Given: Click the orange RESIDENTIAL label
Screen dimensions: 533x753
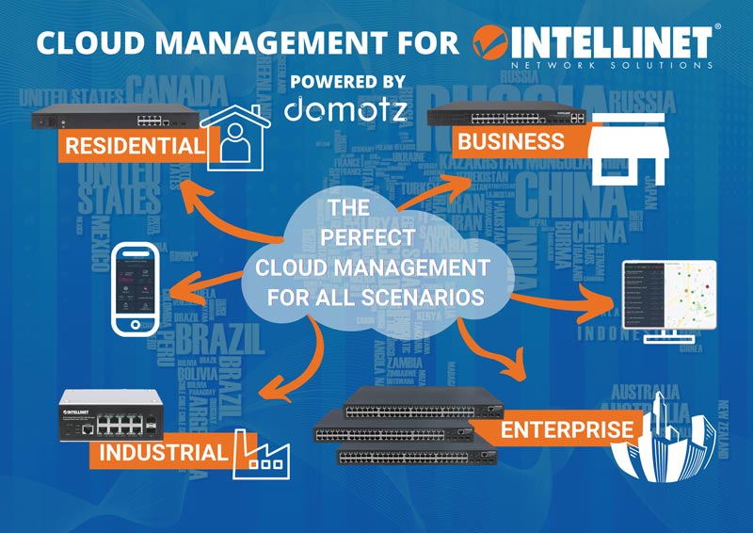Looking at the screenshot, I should point(133,145).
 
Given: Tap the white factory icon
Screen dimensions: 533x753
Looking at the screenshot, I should point(261,453).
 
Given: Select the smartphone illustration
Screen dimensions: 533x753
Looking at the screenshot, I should point(137,288).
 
